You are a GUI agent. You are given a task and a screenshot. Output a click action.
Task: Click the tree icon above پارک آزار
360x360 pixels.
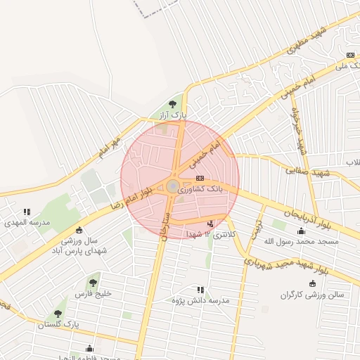pos(173,105)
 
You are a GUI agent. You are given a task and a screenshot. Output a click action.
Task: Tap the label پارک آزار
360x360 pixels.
pos(173,114)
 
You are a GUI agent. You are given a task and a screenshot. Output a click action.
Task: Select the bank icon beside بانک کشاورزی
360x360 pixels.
pos(200,178)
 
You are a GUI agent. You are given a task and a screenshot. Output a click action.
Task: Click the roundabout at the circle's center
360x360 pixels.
pos(173,186)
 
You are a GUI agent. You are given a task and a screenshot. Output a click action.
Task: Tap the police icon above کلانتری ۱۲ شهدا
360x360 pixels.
pos(210,224)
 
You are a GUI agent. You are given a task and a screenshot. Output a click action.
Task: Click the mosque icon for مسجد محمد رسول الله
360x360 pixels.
pos(302,231)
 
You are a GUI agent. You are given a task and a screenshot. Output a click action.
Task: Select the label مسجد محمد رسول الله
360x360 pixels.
pos(301,241)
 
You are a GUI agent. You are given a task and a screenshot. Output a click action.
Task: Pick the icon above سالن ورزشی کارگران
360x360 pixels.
pos(312,284)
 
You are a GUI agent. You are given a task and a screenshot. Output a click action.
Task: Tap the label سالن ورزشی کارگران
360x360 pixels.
pos(312,295)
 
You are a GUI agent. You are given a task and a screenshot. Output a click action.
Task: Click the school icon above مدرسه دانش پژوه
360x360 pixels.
pos(201,289)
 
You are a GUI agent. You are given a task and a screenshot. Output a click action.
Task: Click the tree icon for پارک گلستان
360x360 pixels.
pos(58,314)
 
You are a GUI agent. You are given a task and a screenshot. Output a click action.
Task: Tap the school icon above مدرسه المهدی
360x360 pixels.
pos(27,211)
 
